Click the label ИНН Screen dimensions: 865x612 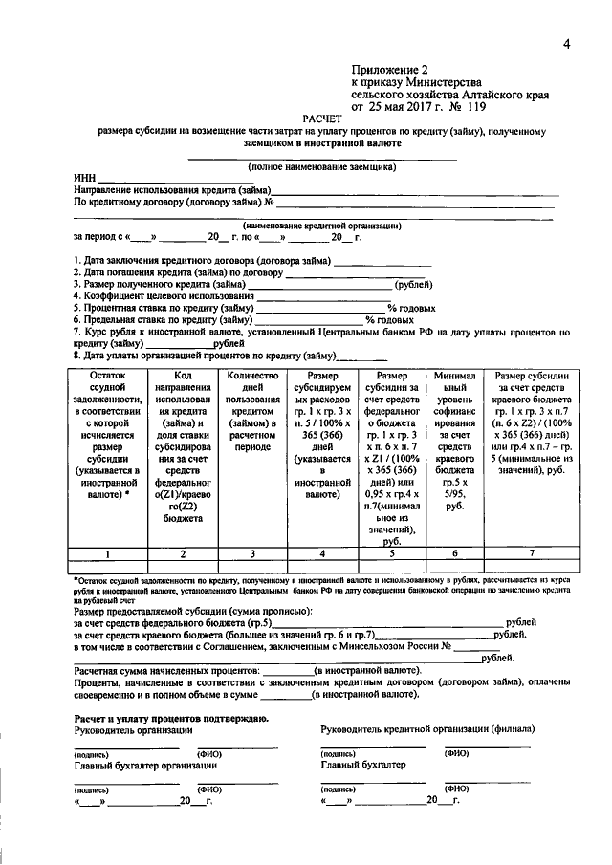(85, 178)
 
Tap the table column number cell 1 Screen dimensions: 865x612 (107, 553)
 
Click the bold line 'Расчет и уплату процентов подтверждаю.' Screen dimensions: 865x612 (171, 717)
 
